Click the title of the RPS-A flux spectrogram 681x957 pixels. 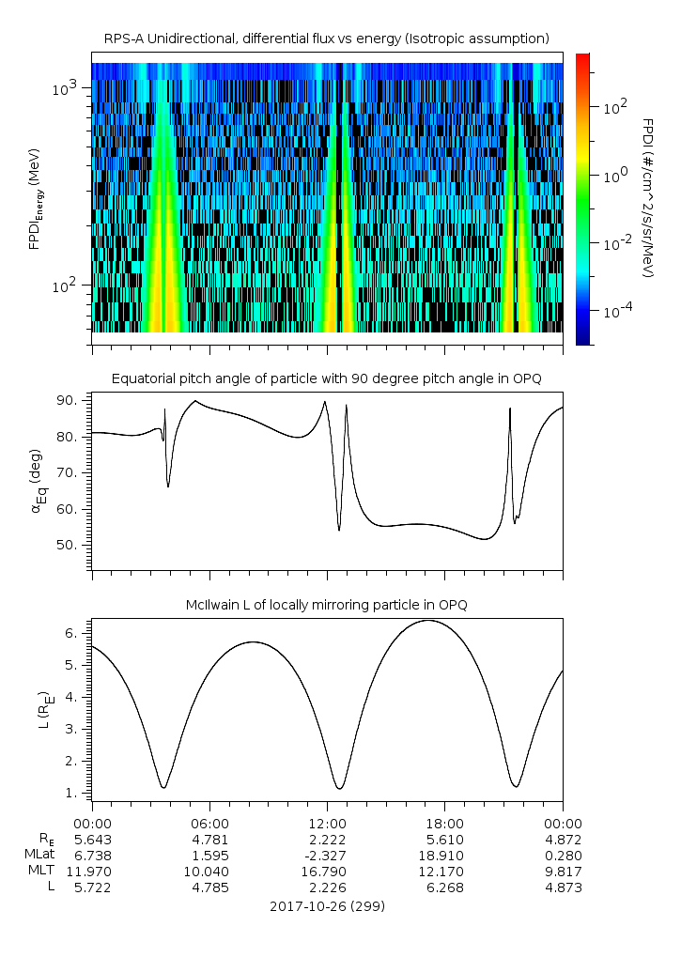[326, 38]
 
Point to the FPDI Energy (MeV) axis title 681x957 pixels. [36, 198]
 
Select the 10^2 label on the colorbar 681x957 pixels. [614, 106]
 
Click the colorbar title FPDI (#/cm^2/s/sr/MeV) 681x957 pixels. [648, 198]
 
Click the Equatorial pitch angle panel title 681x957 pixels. [326, 378]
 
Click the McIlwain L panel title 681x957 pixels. [326, 605]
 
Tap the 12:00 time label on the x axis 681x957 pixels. [327, 823]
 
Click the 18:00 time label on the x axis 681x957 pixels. [444, 823]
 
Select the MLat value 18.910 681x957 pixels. [444, 856]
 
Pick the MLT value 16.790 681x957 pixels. [327, 872]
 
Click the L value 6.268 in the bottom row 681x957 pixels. [444, 888]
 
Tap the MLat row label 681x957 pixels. [42, 856]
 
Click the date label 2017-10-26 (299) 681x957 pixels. [326, 907]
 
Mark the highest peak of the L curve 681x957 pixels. [428, 620]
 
